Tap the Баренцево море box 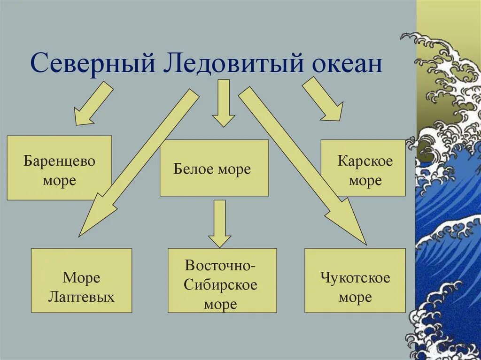tap(59, 168)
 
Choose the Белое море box tap(214, 168)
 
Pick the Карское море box tap(363, 168)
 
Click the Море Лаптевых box tap(82, 281)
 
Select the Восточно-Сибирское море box tap(222, 281)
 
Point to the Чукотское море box tap(355, 281)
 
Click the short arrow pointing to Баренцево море tap(93, 105)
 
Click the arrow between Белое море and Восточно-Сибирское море tap(219, 223)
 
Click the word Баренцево tap(60, 161)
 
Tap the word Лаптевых tap(82, 297)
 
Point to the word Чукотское tap(356, 277)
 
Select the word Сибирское tap(221, 285)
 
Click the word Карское tap(365, 161)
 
